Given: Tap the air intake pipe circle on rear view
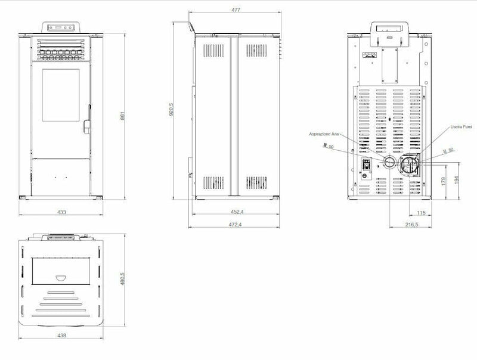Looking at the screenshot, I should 389,163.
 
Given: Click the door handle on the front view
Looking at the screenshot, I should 87,127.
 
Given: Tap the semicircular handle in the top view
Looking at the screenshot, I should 60,277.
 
